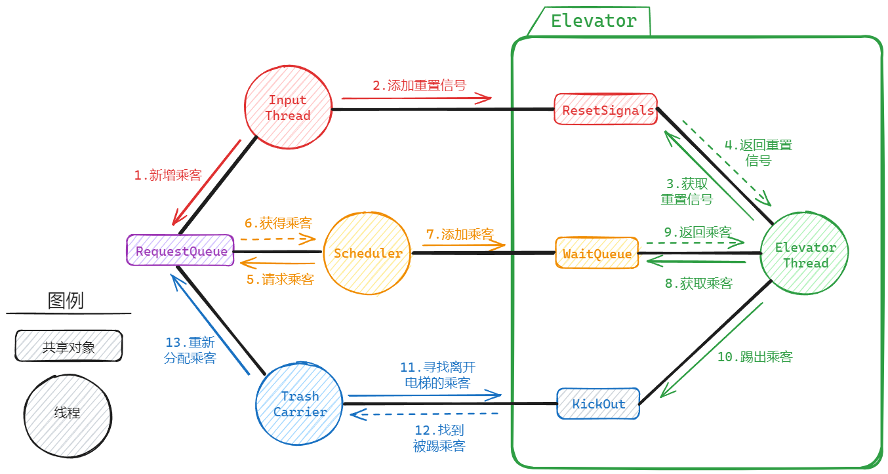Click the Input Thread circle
[287, 108]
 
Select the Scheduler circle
[367, 253]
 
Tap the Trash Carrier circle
[300, 404]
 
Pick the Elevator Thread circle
[805, 255]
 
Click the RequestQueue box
[180, 250]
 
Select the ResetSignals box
[606, 110]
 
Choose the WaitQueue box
[596, 253]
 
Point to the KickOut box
[597, 403]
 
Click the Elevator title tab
[592, 21]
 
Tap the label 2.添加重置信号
[419, 85]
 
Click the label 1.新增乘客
[167, 175]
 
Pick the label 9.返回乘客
[697, 232]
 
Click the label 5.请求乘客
[280, 279]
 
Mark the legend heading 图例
[66, 301]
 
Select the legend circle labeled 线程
[67, 412]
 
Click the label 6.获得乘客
[278, 223]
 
